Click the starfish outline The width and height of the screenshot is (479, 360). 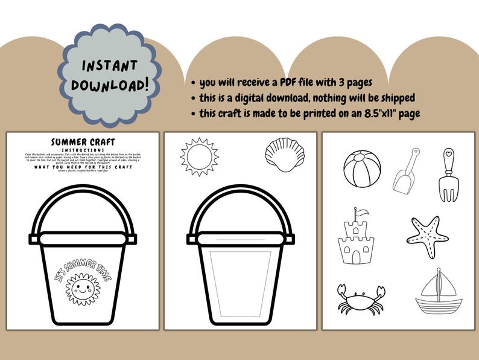(427, 237)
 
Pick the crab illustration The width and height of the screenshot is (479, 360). (360, 298)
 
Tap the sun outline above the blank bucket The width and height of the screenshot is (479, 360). (197, 156)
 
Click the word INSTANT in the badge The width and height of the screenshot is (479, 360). (109, 65)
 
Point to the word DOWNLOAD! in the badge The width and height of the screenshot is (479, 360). (109, 85)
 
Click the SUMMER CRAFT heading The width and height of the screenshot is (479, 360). (82, 142)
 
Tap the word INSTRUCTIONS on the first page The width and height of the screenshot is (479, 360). (83, 150)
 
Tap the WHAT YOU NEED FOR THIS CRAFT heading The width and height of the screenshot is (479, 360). (83, 167)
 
